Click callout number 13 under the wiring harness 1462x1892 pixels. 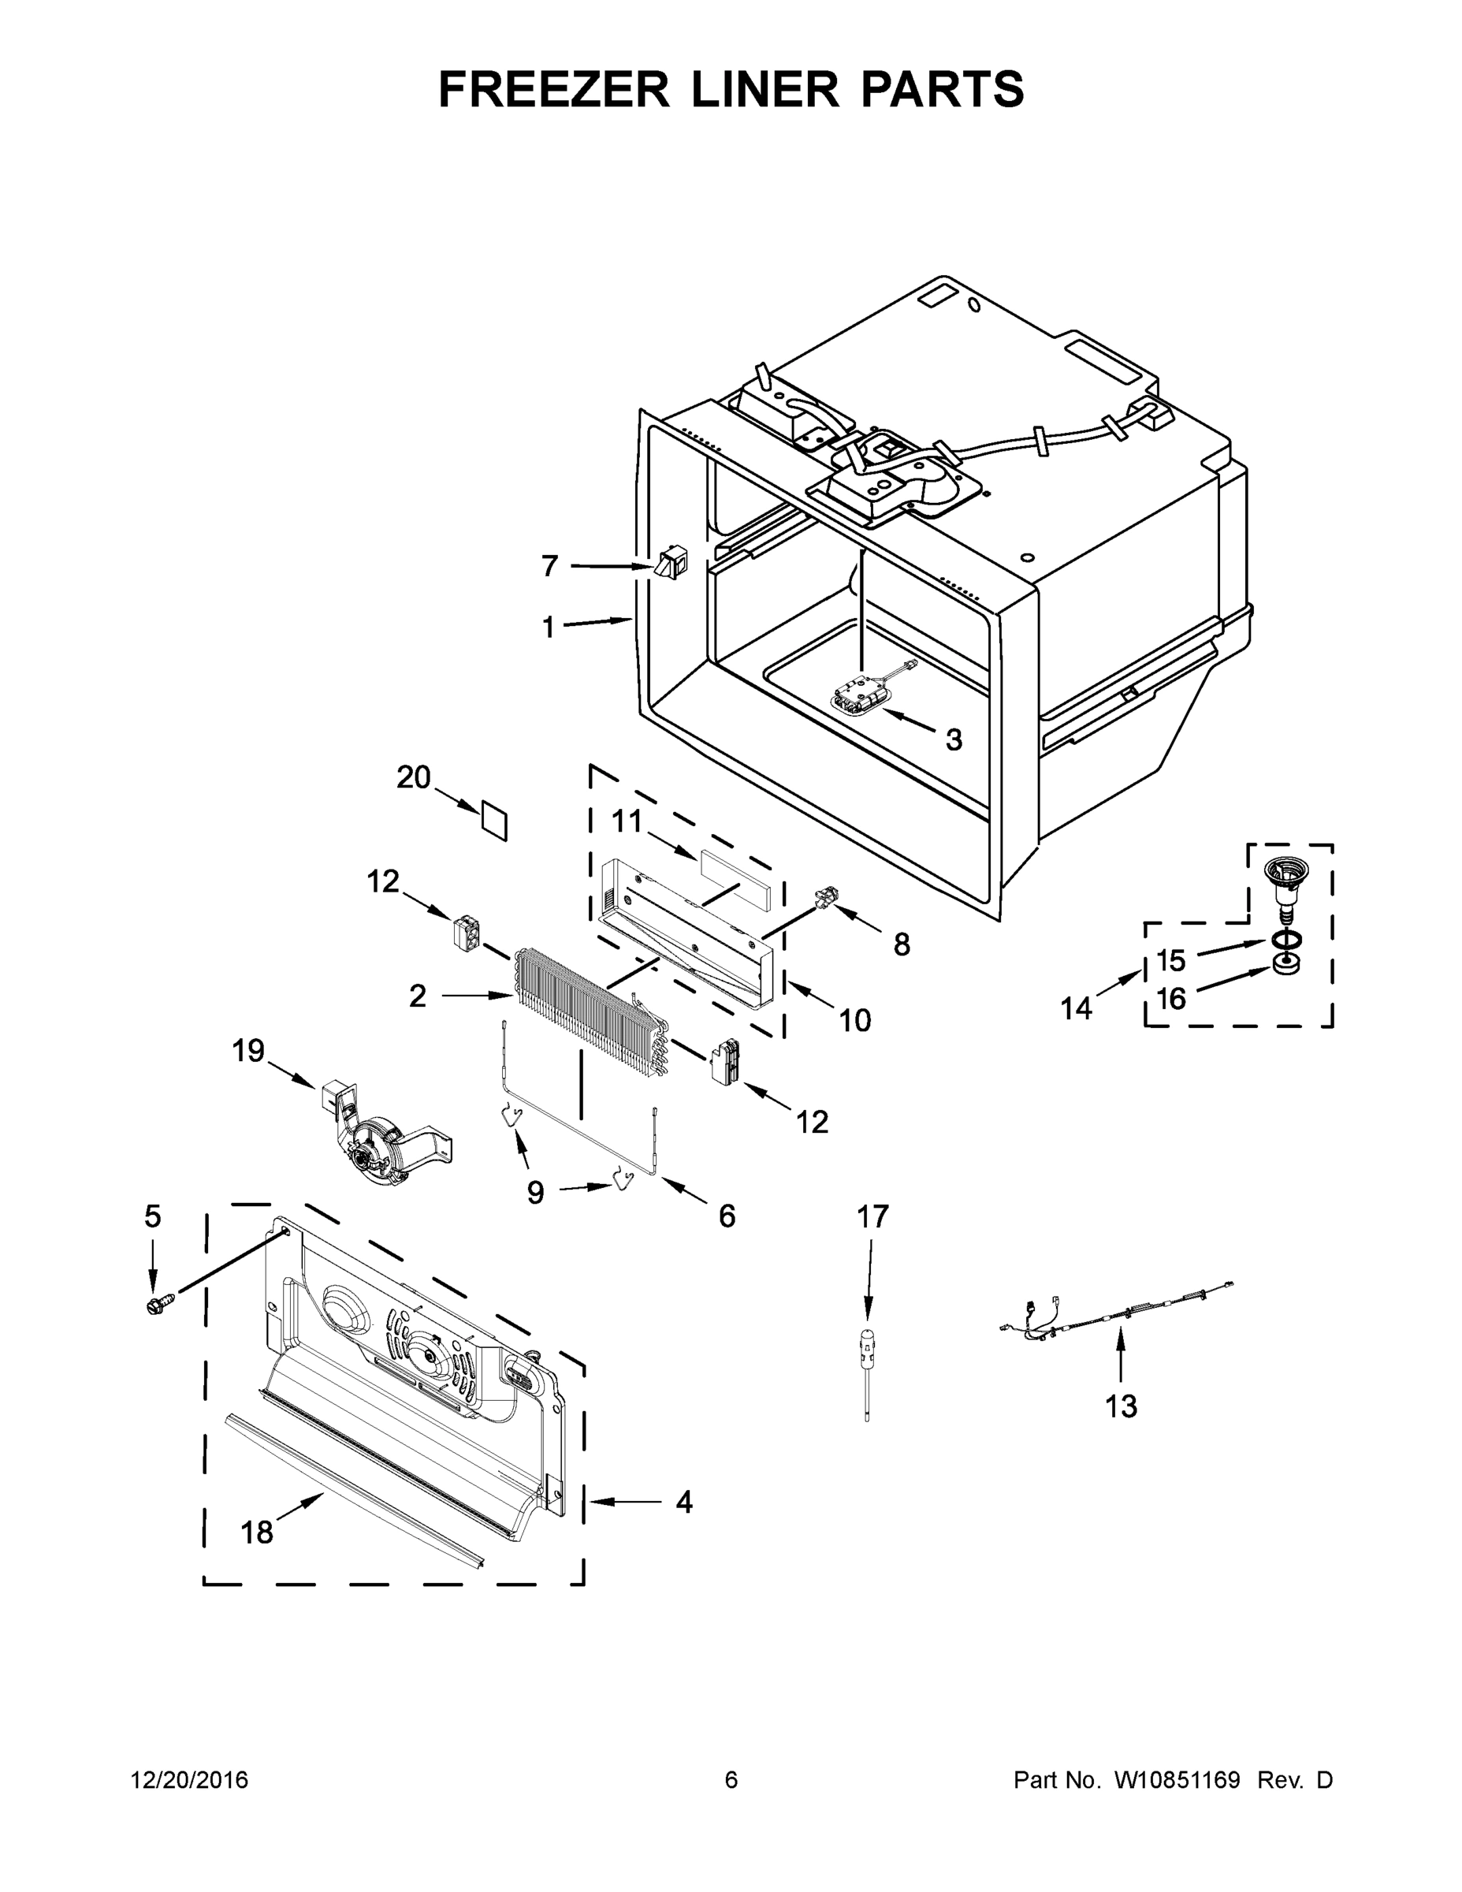[1121, 1407]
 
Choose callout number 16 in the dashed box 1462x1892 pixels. [1171, 999]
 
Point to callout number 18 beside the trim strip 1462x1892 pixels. [257, 1533]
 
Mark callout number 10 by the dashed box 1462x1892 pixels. [855, 1021]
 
